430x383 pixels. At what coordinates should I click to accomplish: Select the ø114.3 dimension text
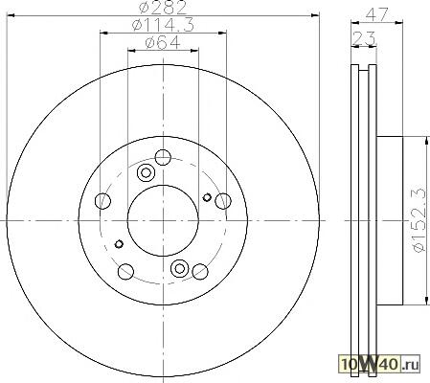click(x=163, y=25)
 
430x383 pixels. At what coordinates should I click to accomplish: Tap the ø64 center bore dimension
click(x=163, y=43)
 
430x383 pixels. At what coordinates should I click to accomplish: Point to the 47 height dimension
click(x=376, y=14)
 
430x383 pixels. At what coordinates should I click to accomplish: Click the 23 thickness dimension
click(x=364, y=38)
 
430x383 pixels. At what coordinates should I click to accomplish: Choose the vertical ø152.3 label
click(x=419, y=220)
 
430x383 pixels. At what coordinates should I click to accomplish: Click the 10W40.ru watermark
click(x=379, y=364)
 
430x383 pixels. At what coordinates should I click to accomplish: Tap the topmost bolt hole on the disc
click(x=163, y=157)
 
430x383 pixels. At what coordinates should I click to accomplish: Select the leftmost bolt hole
click(x=102, y=201)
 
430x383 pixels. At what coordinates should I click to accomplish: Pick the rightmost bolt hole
click(x=223, y=201)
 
